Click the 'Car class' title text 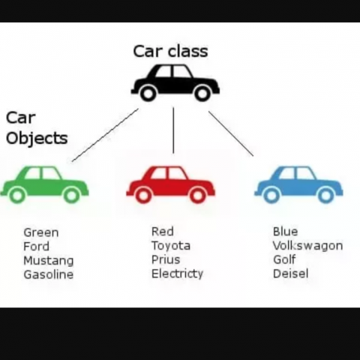[x=170, y=51]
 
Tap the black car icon [x=175, y=82]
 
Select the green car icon [x=44, y=184]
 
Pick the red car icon [x=170, y=184]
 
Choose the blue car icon [x=298, y=184]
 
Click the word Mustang [x=49, y=261]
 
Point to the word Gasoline [x=49, y=274]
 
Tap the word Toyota [x=171, y=246]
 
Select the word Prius [x=166, y=259]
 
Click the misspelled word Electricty [x=177, y=274]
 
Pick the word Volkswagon [x=307, y=246]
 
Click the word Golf [x=284, y=259]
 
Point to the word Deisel [x=290, y=274]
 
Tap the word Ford [x=36, y=247]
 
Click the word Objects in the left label [x=37, y=138]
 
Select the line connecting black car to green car [x=105, y=135]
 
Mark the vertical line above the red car [x=173, y=130]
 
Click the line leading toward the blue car [x=231, y=133]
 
